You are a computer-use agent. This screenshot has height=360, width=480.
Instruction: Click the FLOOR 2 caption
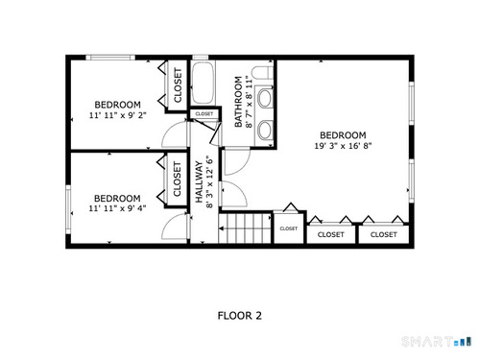click(240, 316)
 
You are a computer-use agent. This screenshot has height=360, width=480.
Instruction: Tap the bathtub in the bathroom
click(203, 83)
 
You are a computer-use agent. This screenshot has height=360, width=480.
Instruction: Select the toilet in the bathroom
click(262, 73)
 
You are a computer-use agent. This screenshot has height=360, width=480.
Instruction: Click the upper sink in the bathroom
click(265, 99)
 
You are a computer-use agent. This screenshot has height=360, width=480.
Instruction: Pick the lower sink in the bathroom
click(265, 130)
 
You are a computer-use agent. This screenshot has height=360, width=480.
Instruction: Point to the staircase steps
click(245, 228)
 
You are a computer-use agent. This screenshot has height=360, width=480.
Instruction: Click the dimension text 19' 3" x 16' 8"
click(343, 146)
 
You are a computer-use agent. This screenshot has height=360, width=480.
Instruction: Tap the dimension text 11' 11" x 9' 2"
click(117, 115)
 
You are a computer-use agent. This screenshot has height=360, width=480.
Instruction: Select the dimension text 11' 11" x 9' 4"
click(117, 208)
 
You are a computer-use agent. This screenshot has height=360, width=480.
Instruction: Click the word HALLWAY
click(200, 182)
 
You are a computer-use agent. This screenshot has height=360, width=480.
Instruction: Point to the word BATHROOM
click(238, 102)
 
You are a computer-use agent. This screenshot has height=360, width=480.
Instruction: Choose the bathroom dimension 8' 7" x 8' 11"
click(249, 102)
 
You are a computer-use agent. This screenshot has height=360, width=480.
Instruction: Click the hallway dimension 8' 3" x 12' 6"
click(209, 182)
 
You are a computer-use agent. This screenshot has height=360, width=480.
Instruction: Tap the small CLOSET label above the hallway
click(204, 114)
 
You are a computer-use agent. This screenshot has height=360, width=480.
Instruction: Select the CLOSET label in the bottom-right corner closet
click(384, 234)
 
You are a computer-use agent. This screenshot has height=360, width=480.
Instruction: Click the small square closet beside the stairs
click(289, 228)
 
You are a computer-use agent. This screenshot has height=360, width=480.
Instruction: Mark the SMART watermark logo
click(437, 342)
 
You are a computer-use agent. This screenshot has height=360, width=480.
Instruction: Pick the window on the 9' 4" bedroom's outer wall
click(68, 209)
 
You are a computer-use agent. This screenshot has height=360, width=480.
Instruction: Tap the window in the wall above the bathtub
click(201, 58)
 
